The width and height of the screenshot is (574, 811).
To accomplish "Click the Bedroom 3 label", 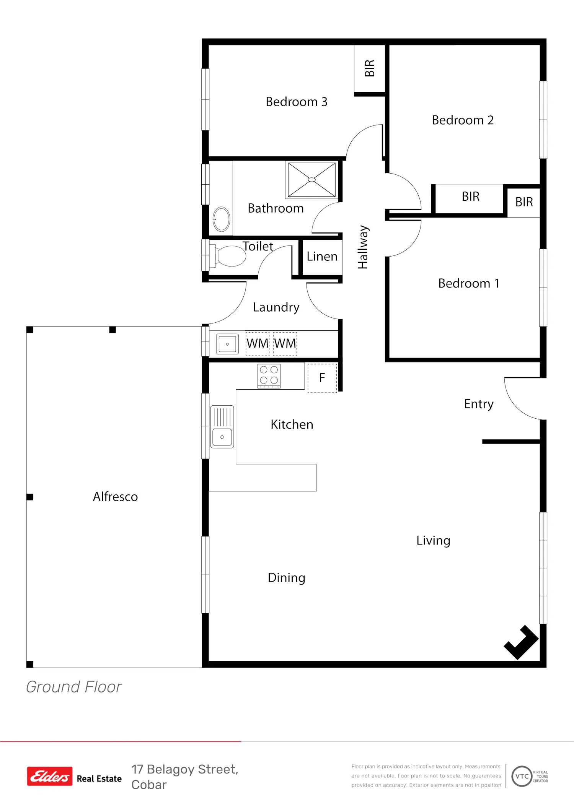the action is pos(297,102).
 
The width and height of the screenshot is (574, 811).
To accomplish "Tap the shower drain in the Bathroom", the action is pos(312,180).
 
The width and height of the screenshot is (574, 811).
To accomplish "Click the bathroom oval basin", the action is pos(221,219).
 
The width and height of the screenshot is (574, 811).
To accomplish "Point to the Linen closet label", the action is pos(322,256).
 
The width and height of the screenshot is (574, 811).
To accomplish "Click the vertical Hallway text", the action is pos(363,247).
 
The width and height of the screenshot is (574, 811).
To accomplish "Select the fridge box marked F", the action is pos(322,378).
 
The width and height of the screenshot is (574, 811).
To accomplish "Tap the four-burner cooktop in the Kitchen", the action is pos(269,376).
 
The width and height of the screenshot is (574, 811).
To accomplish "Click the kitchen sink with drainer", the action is pos(222,426).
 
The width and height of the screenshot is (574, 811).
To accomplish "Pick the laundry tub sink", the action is pos(227,344).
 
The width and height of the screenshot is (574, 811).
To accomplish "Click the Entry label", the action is pos(479,404).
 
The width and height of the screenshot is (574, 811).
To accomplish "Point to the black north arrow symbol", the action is pos(521,642).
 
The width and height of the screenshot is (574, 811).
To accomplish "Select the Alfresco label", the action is pos(115,496).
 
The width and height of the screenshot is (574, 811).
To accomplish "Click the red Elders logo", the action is pos(50,776).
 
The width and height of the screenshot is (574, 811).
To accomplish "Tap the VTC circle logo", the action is pos(522,776).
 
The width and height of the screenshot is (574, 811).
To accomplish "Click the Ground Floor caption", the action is pos(74,687).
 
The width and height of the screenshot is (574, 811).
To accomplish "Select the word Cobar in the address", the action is pos(149,785).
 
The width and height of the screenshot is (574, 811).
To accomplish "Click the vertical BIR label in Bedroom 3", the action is pos(370,68).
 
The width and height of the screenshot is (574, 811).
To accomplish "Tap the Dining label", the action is pos(287,578).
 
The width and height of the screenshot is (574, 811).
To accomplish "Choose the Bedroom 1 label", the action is pos(469,283).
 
